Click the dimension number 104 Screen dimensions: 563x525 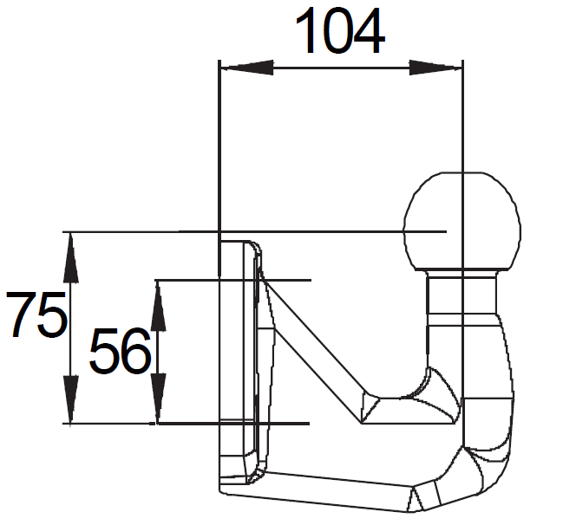coord(340,31)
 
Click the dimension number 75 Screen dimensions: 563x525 coord(37,314)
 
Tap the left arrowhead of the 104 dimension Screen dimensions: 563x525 coord(246,68)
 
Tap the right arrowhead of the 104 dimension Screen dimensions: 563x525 coord(435,68)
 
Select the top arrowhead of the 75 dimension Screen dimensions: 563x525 coord(71,257)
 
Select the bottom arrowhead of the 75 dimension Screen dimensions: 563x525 coord(71,399)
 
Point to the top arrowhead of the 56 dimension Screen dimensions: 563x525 coord(159,306)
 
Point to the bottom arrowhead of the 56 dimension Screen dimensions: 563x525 coord(159,399)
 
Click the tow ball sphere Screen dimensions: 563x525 coord(462,221)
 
